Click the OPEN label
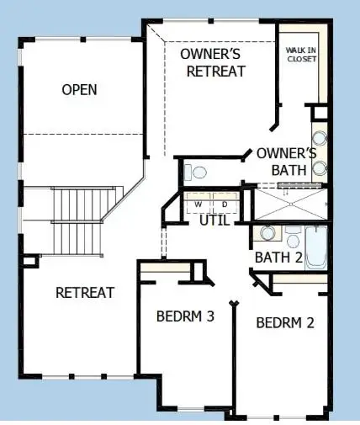[x=79, y=90]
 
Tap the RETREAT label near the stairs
[x=84, y=293]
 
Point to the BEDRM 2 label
[x=285, y=322]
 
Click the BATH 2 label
[x=278, y=257]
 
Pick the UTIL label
[x=215, y=222]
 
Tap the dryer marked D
[x=225, y=205]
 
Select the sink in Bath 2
[x=268, y=234]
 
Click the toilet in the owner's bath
[x=197, y=173]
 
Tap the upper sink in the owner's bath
[x=320, y=138]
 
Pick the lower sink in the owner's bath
[x=320, y=167]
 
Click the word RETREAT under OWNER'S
[x=215, y=72]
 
